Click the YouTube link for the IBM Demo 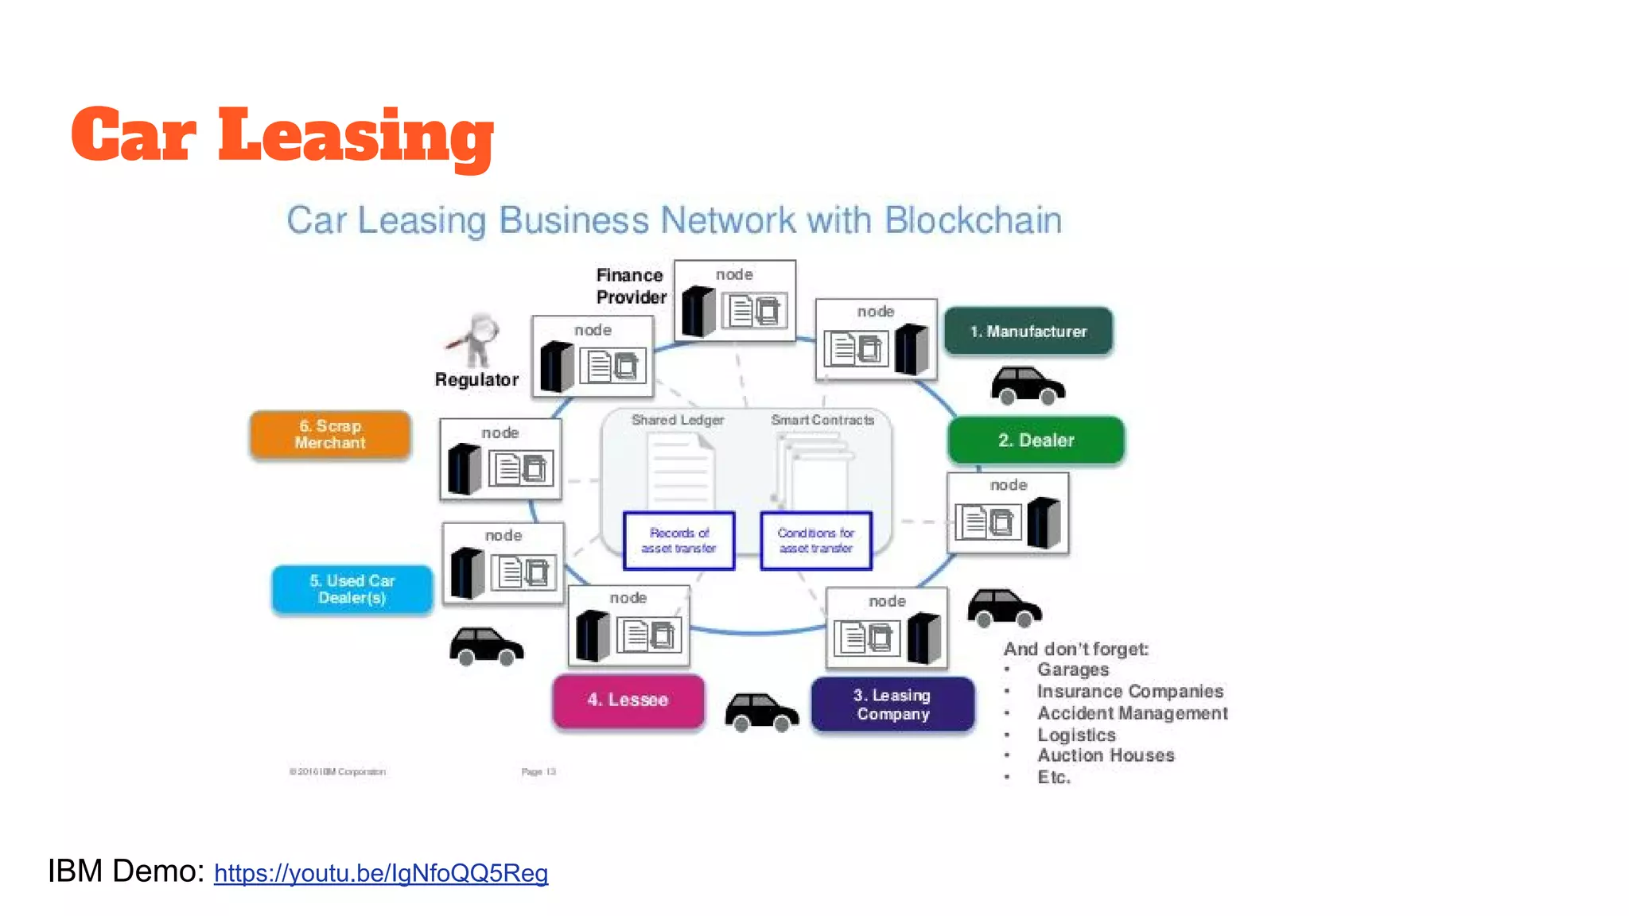[380, 873]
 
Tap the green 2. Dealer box [1036, 440]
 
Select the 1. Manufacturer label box [1028, 331]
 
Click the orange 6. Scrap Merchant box [330, 434]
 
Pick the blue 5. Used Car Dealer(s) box [352, 589]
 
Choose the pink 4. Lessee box [628, 700]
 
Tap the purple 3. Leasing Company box [892, 704]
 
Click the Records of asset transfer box [678, 541]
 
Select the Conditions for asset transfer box [816, 541]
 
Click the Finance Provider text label [631, 286]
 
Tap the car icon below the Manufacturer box [1027, 385]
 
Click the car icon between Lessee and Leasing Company [760, 711]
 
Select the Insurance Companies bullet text [1129, 691]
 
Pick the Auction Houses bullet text [1105, 755]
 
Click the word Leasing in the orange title [356, 135]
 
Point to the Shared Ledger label [677, 420]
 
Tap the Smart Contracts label [822, 420]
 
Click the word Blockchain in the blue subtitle [973, 220]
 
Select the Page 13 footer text [538, 771]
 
